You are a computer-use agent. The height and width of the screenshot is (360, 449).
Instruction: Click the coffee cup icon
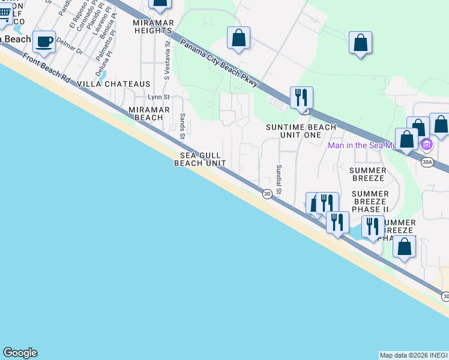(44, 41)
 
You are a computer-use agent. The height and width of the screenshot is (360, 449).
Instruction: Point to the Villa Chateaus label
(114, 85)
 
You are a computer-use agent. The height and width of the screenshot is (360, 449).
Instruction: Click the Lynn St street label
(159, 97)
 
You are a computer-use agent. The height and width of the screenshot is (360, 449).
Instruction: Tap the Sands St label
(181, 127)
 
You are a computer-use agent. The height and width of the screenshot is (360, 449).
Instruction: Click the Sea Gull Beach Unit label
(199, 159)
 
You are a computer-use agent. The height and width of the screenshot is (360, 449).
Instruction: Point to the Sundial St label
(279, 179)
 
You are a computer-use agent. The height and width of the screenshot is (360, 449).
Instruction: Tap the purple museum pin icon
(427, 145)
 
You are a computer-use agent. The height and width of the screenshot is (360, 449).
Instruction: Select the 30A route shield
(427, 162)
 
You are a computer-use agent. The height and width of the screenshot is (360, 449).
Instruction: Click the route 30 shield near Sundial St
(267, 193)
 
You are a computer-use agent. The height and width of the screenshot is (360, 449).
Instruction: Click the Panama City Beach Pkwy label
(218, 62)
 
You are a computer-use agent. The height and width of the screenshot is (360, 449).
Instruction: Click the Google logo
(20, 353)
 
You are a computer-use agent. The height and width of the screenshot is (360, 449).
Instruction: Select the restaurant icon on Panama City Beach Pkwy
(301, 97)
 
